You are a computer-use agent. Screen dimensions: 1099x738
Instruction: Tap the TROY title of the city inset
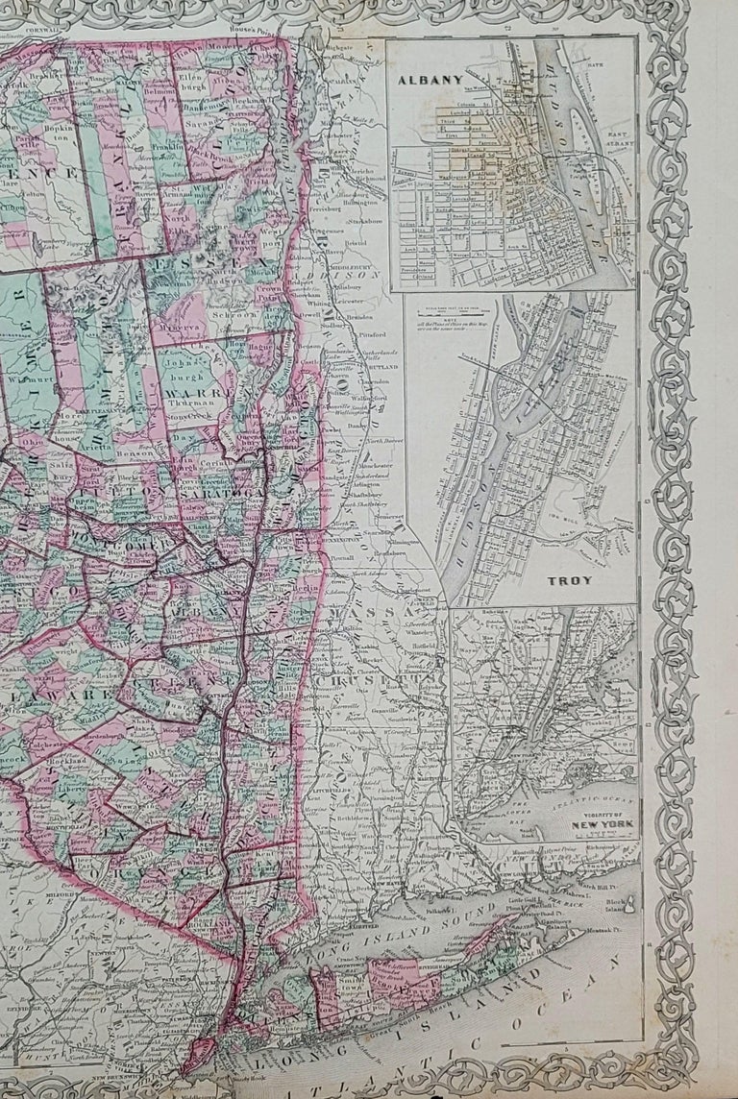pos(570,581)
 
